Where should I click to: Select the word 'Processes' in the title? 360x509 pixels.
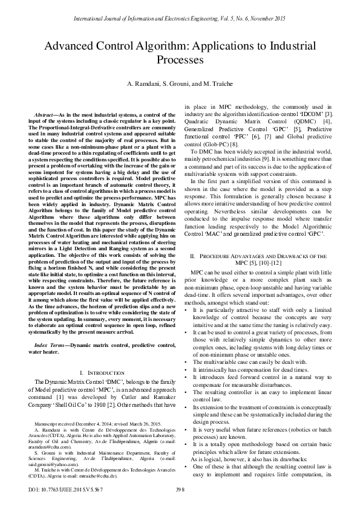tap(180, 60)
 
